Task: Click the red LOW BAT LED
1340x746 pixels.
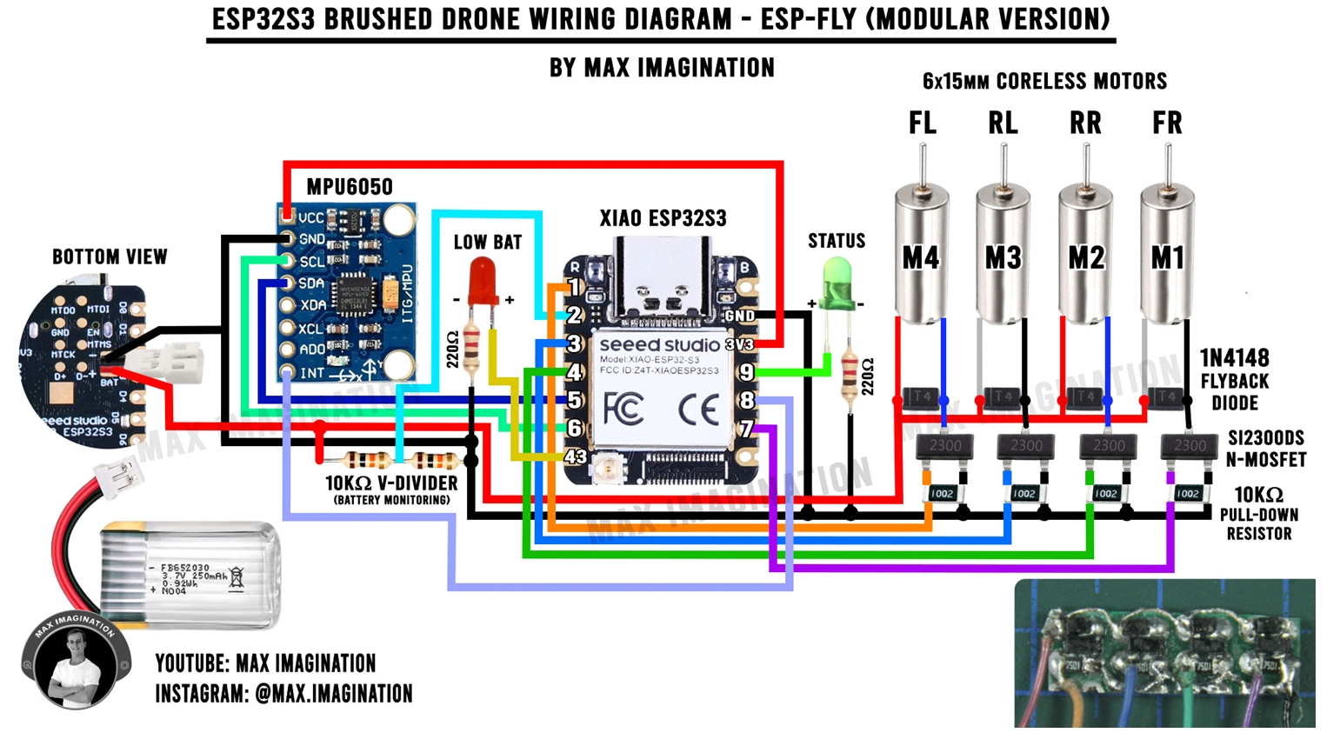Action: click(x=483, y=280)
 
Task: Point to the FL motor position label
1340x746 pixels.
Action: click(x=922, y=123)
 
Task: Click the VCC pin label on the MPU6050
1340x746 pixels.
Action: click(x=310, y=217)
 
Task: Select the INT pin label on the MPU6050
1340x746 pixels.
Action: click(x=311, y=372)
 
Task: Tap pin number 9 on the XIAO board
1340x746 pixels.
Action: click(x=746, y=372)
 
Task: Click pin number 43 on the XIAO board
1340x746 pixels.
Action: click(x=575, y=456)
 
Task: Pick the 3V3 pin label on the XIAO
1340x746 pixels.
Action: click(x=739, y=344)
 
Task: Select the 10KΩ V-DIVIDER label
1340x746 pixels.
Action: click(x=391, y=483)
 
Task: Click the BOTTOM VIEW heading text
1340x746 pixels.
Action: click(x=110, y=257)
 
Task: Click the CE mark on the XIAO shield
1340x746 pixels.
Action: click(x=697, y=409)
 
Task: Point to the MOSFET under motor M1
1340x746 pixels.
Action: click(x=1189, y=446)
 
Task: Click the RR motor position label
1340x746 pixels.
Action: click(x=1085, y=123)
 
